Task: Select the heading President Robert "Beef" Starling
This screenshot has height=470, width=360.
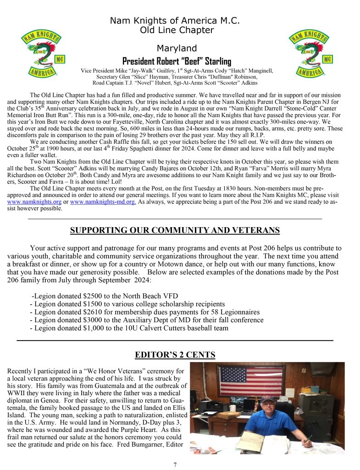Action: [177, 62]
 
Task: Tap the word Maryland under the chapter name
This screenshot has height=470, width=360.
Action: [177, 48]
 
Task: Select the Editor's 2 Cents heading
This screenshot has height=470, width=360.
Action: [175, 354]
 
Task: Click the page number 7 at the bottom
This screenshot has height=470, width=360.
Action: [175, 464]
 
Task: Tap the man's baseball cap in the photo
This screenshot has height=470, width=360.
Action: [268, 400]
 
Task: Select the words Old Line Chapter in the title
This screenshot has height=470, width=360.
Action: [177, 30]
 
